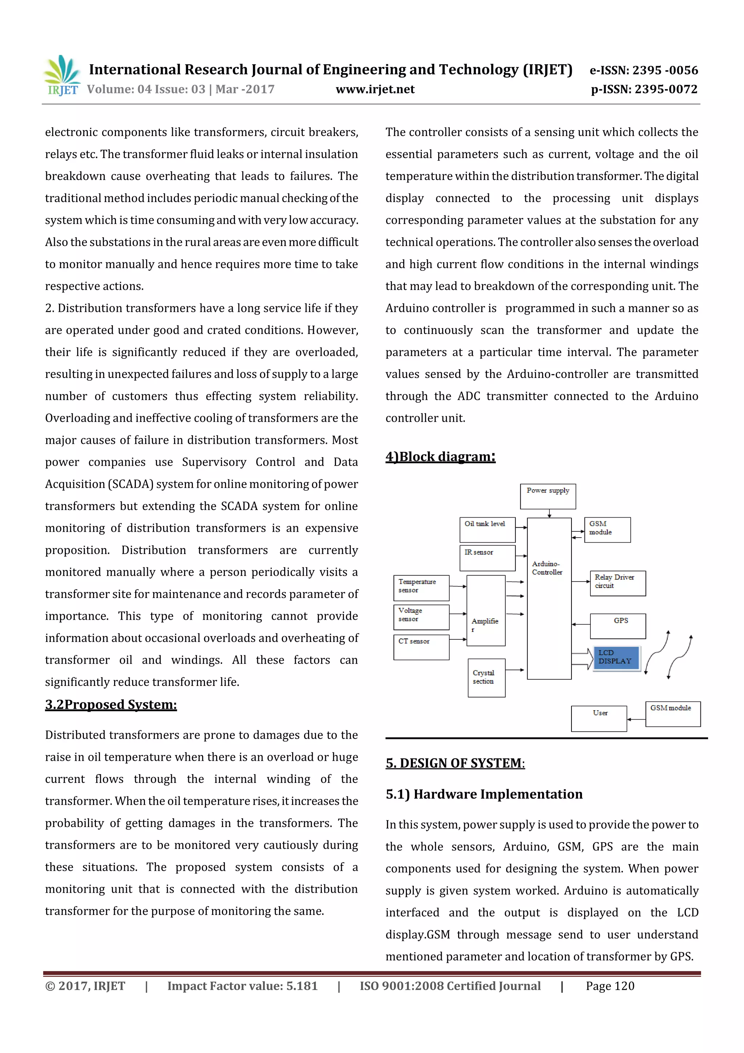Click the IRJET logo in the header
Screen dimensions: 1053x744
click(62, 76)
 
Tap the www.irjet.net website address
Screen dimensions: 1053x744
click(375, 89)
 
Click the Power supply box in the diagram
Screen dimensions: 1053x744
click(548, 496)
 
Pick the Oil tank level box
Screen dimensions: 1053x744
click(487, 530)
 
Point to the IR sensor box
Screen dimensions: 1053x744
click(487, 558)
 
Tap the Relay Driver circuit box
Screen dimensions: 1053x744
click(618, 583)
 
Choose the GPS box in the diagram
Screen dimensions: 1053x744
click(618, 626)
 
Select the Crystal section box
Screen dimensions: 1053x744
click(486, 678)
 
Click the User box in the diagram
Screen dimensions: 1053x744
click(599, 718)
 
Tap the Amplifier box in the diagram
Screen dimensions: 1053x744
click(486, 610)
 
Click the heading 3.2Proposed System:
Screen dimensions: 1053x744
click(111, 704)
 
